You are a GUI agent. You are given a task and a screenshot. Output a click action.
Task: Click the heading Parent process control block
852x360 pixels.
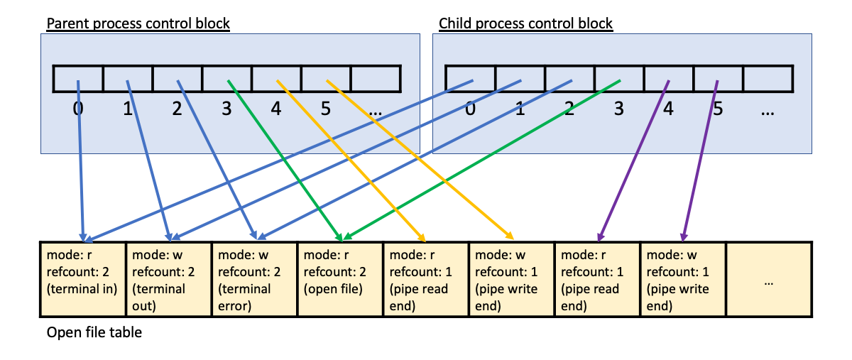(138, 23)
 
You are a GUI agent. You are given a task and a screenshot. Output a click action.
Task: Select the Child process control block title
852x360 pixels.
(525, 23)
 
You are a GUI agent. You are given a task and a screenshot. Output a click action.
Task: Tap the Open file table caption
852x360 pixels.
(94, 332)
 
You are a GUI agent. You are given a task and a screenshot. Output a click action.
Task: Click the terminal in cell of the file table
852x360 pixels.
(82, 280)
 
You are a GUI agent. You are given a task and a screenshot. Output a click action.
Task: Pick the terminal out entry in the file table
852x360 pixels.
(168, 280)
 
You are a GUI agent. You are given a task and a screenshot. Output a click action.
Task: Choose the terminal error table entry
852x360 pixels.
(254, 280)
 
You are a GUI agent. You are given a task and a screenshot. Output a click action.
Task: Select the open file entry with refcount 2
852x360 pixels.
(340, 280)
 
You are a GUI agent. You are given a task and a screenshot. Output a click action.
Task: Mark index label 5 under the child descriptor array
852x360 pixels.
(718, 110)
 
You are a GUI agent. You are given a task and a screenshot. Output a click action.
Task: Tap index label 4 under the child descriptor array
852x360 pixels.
(668, 110)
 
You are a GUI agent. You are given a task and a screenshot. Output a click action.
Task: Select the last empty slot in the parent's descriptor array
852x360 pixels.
(376, 78)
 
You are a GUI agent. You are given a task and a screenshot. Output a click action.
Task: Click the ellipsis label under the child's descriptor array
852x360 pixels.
(768, 110)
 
